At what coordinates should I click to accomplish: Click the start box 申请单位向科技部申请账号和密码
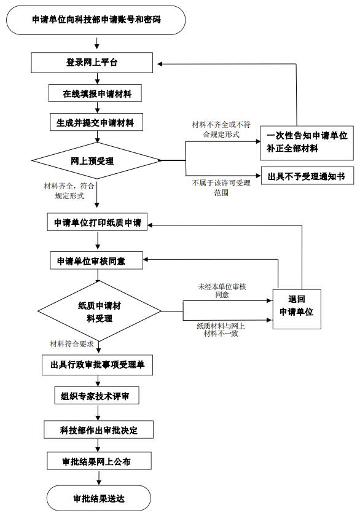point(96,20)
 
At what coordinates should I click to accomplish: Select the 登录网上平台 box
point(92,63)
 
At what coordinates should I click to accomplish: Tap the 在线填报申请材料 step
point(95,93)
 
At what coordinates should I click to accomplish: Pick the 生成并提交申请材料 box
point(96,122)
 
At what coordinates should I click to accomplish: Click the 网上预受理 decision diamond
point(96,160)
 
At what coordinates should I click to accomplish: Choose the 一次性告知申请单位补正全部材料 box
point(307,143)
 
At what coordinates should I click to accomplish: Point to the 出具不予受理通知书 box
point(307,176)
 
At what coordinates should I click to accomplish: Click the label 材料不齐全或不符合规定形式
point(221,129)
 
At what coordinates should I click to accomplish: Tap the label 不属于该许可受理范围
point(221,188)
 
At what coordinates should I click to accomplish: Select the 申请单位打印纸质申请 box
point(97,222)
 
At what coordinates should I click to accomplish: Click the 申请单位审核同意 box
point(96,260)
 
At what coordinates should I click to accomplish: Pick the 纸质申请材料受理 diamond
point(100,311)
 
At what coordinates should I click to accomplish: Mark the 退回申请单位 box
point(297,309)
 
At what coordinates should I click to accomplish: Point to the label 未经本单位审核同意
point(222,291)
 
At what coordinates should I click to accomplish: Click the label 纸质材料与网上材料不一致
point(221,329)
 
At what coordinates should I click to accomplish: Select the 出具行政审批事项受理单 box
point(97,365)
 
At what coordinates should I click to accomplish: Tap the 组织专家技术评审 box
point(97,396)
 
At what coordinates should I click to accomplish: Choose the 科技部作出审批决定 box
point(98,429)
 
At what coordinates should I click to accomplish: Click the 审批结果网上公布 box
point(99,461)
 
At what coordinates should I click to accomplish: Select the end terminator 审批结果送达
point(99,498)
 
